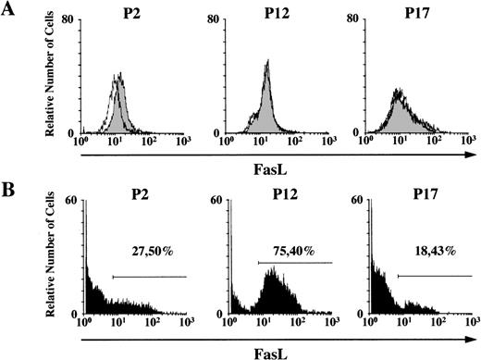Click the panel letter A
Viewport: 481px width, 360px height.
tap(10, 11)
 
